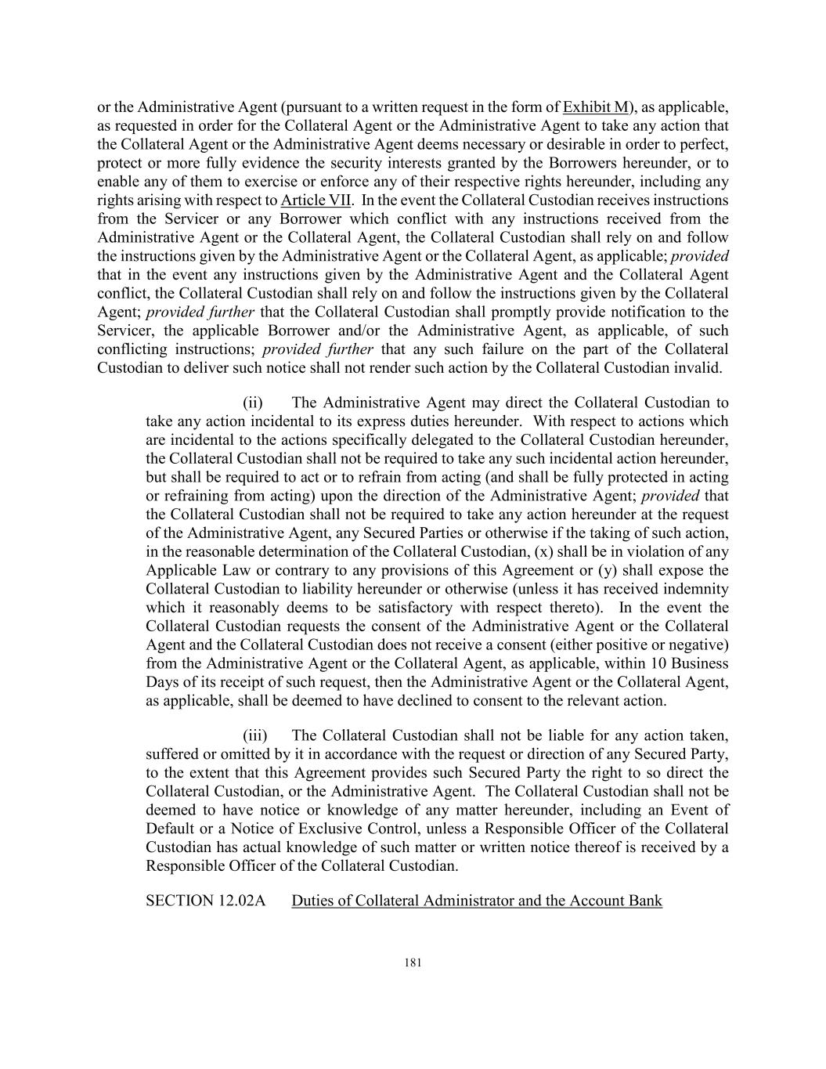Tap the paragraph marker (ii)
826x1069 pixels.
[x=253, y=403]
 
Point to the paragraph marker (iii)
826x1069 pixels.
[x=254, y=736]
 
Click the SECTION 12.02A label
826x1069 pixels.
[x=206, y=901]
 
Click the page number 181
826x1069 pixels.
[x=413, y=963]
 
